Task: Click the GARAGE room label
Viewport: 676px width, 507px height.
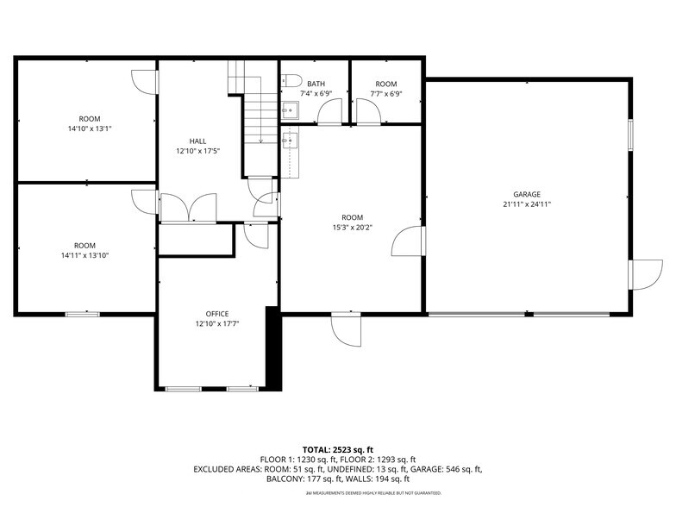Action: pyautogui.click(x=526, y=194)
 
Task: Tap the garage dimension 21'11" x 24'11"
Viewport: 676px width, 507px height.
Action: pyautogui.click(x=526, y=204)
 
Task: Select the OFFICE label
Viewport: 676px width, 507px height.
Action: pyautogui.click(x=217, y=313)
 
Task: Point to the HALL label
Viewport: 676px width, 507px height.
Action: pyautogui.click(x=197, y=141)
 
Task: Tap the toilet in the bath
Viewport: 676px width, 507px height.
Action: pyautogui.click(x=290, y=81)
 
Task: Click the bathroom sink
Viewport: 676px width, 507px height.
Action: pyautogui.click(x=290, y=110)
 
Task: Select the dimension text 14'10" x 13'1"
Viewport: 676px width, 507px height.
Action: pyautogui.click(x=90, y=128)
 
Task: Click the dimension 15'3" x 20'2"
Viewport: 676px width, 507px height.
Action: pyautogui.click(x=352, y=228)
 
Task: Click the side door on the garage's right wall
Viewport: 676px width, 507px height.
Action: pyautogui.click(x=644, y=274)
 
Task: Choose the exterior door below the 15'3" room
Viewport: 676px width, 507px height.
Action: pyautogui.click(x=347, y=329)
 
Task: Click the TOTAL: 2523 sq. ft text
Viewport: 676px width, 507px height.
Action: pyautogui.click(x=337, y=450)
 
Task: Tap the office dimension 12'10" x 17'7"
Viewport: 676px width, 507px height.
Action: pyautogui.click(x=217, y=323)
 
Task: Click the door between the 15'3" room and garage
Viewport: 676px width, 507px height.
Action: pyautogui.click(x=407, y=242)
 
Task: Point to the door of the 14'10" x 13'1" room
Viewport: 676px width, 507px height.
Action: pyautogui.click(x=145, y=80)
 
